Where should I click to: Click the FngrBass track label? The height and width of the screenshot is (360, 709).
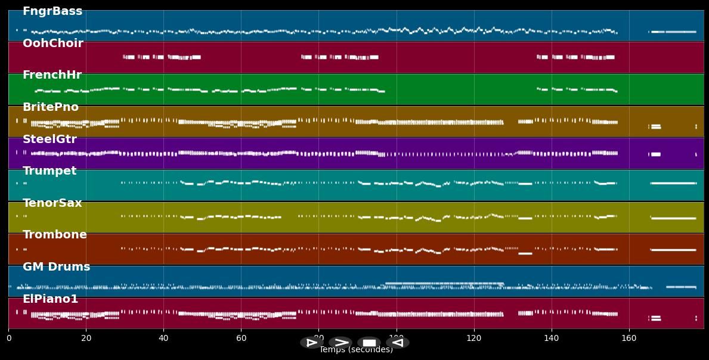[x=52, y=11]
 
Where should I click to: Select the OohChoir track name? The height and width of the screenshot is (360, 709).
[x=52, y=44]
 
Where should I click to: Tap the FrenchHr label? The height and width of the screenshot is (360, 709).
[x=52, y=75]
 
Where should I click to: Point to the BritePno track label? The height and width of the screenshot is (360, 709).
[x=51, y=107]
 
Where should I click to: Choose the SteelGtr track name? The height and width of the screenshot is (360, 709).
[x=49, y=139]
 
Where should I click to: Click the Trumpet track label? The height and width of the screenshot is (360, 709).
[x=49, y=171]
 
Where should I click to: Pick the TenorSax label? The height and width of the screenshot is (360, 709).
[x=52, y=203]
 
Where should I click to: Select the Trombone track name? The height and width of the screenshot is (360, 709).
[x=54, y=235]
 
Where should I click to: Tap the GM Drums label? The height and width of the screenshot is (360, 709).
[x=56, y=267]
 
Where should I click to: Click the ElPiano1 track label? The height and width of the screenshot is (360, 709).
[x=50, y=299]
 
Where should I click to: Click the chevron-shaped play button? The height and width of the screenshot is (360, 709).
[x=340, y=343]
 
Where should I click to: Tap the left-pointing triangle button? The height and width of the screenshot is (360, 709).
[x=398, y=343]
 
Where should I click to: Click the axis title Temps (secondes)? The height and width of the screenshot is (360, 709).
[x=356, y=350]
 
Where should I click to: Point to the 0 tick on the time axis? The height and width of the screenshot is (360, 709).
[x=8, y=339]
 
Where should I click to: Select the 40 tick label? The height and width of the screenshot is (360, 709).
[x=163, y=339]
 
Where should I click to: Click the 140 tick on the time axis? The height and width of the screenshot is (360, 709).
[x=552, y=339]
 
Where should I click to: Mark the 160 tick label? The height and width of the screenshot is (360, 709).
[x=629, y=339]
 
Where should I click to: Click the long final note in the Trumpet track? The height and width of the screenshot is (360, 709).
[x=673, y=183]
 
